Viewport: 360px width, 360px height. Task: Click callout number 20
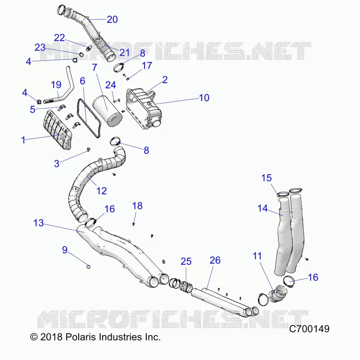click(x=112, y=19)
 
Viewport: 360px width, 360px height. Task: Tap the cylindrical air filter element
click(x=107, y=111)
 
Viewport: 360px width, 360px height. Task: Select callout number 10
click(x=204, y=98)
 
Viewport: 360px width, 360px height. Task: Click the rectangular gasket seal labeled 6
click(x=89, y=118)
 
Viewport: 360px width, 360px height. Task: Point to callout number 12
click(x=102, y=191)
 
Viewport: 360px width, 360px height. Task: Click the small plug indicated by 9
click(x=88, y=266)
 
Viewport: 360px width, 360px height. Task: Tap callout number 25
click(x=186, y=261)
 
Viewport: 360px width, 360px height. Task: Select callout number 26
click(x=215, y=260)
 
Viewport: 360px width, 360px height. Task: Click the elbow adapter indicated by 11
click(x=277, y=293)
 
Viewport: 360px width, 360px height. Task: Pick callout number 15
click(x=266, y=178)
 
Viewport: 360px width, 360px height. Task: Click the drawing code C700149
click(x=309, y=329)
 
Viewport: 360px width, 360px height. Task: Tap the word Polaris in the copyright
click(x=81, y=337)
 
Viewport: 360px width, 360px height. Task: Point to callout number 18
click(x=137, y=206)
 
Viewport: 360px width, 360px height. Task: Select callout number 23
click(x=40, y=48)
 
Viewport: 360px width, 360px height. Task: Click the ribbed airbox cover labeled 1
click(x=58, y=130)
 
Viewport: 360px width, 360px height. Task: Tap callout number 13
click(x=38, y=223)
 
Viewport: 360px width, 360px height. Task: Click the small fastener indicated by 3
click(x=88, y=150)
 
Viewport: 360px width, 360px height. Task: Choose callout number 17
click(x=147, y=66)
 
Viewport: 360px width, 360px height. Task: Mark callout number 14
click(x=262, y=208)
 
